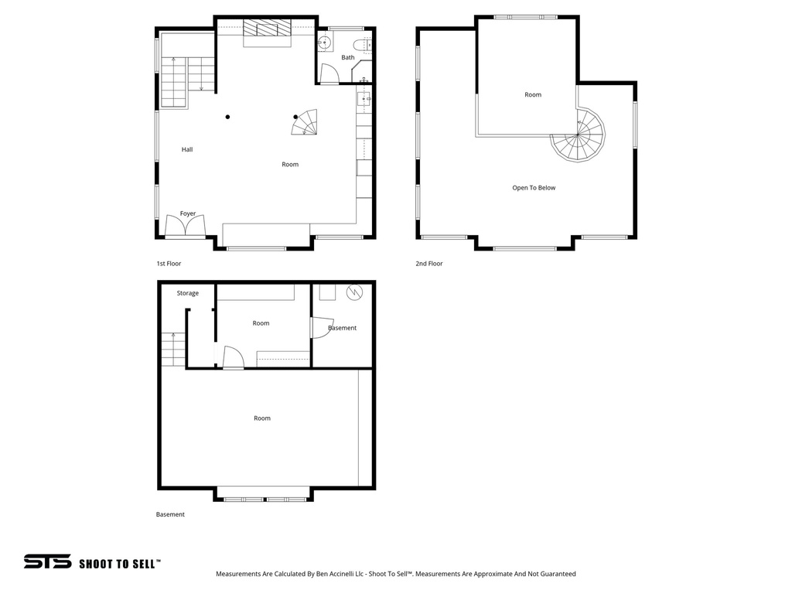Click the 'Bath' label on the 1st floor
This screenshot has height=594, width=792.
(x=348, y=57)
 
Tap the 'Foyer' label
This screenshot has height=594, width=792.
(x=188, y=213)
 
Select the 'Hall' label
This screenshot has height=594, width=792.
(x=187, y=149)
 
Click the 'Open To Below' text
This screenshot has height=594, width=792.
(x=534, y=187)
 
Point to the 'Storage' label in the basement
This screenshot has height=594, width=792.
(x=187, y=293)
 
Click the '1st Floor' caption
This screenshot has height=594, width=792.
(x=169, y=264)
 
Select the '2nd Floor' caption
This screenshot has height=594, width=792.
(x=429, y=264)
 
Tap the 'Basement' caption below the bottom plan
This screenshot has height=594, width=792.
(x=170, y=514)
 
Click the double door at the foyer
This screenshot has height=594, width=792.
(x=186, y=227)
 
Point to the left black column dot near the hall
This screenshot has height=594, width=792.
(x=227, y=118)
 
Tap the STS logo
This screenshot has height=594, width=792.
(x=47, y=562)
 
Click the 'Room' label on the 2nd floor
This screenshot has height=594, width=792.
(x=533, y=94)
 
